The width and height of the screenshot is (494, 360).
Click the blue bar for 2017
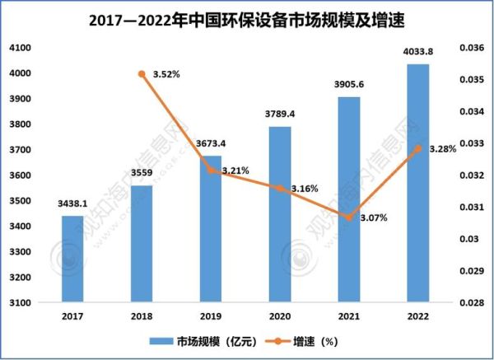click(72, 259)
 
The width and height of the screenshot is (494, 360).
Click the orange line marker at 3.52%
click(142, 74)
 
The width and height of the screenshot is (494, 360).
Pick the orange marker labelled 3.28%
click(417, 148)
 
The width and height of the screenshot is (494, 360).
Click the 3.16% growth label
click(305, 189)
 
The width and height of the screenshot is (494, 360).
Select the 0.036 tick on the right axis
click(472, 49)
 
